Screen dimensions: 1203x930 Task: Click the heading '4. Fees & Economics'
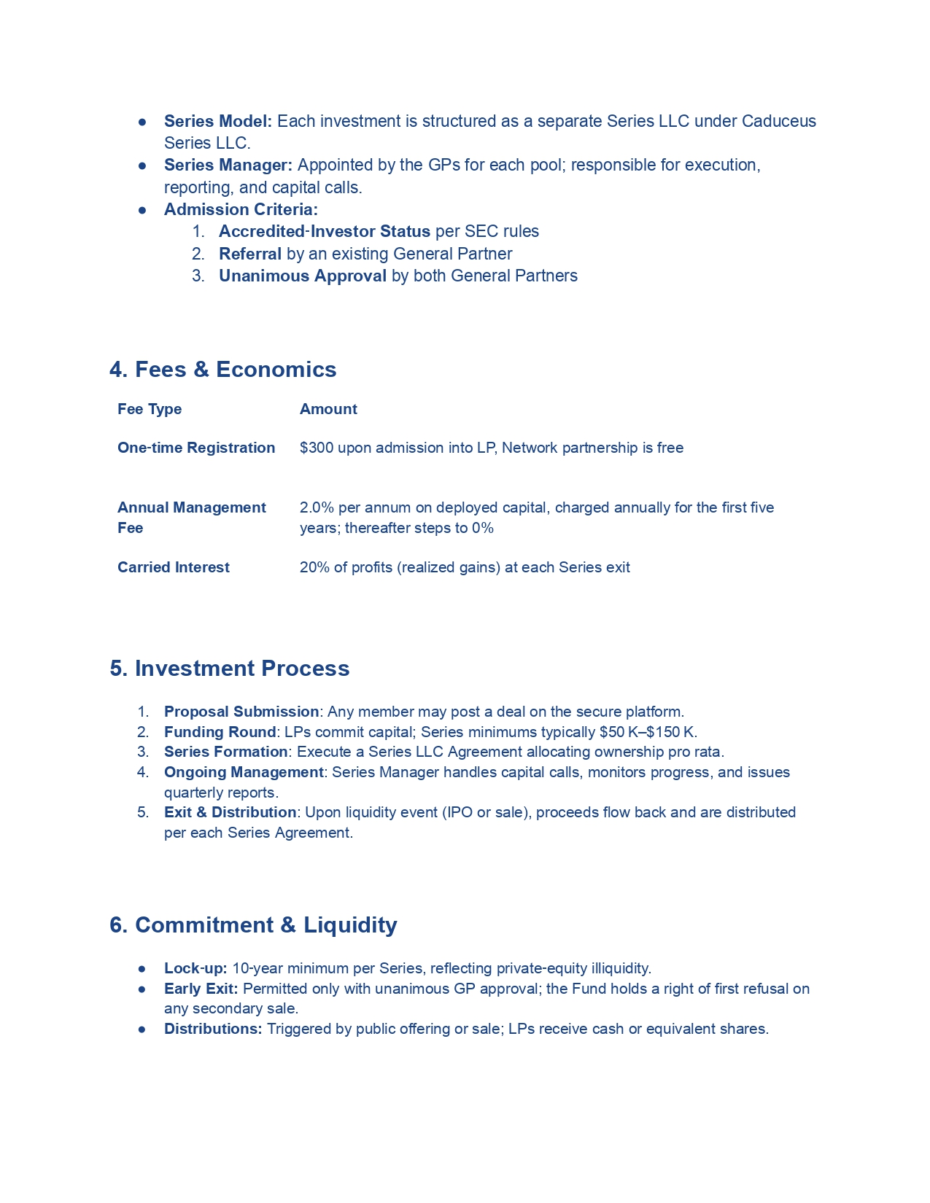coord(222,370)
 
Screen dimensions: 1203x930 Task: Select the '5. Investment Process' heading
coord(229,669)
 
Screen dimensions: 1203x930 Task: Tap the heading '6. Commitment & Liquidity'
coord(253,925)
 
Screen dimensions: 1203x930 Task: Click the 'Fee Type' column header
coord(150,409)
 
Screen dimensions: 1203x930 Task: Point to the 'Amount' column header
coord(328,409)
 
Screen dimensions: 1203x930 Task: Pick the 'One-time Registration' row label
coord(196,448)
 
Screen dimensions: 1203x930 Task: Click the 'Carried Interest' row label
coord(174,567)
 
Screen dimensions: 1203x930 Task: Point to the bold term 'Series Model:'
coord(217,121)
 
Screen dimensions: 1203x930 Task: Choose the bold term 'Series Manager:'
coord(228,166)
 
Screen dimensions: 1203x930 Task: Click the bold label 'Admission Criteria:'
coord(241,210)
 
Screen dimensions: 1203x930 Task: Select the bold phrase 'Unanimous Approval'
coord(302,276)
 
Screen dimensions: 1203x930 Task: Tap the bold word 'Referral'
coord(249,254)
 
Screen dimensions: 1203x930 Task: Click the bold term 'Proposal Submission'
coord(241,712)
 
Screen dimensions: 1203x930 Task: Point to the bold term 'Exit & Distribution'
coord(230,812)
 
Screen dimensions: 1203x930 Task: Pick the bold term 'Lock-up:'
coord(195,968)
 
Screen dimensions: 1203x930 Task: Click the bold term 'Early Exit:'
coord(201,989)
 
